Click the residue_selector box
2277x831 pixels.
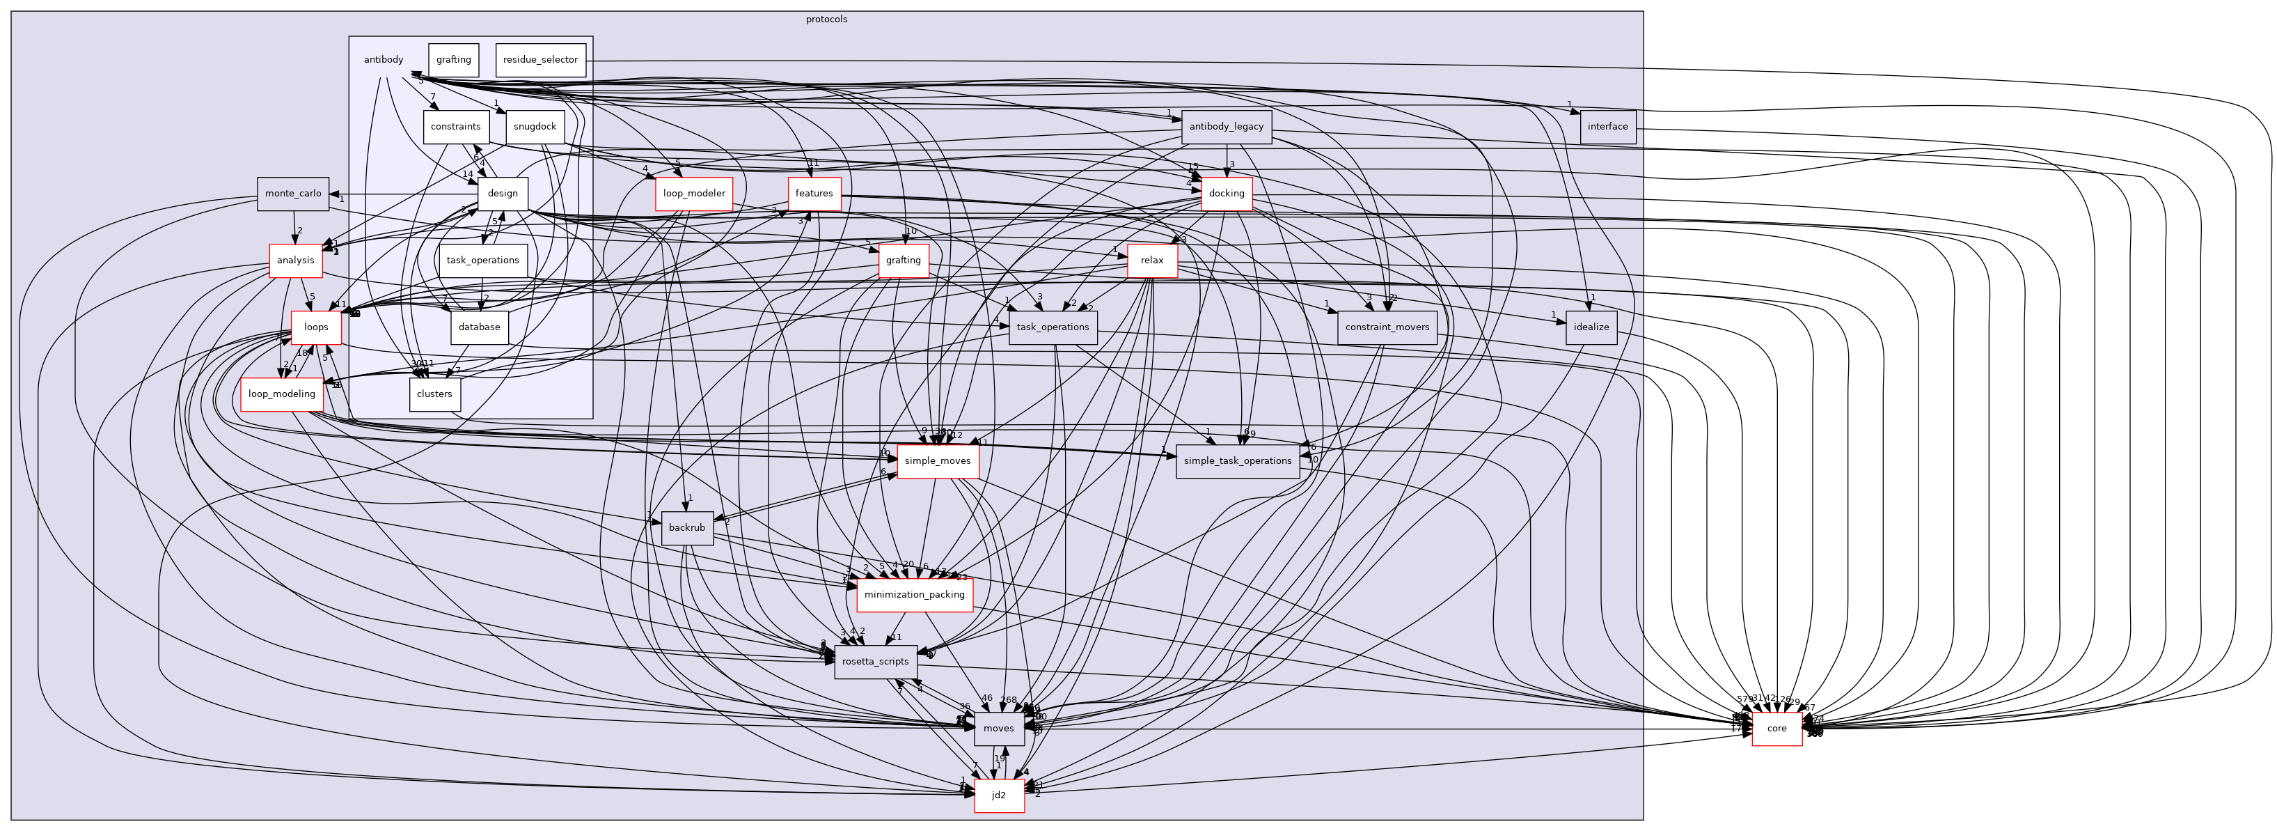click(540, 60)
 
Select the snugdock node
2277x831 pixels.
click(535, 126)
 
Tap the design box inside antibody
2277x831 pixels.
click(502, 194)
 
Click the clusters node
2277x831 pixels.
click(434, 394)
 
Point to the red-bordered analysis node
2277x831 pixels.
click(295, 260)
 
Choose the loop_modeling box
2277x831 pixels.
click(282, 394)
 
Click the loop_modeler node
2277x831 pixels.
click(694, 194)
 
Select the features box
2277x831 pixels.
click(813, 194)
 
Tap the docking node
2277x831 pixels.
click(1226, 194)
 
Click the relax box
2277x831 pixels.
click(1152, 260)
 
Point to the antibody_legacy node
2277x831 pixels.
click(1226, 126)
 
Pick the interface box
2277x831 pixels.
click(1607, 126)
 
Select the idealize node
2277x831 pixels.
click(1591, 327)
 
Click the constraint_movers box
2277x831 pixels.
click(1387, 327)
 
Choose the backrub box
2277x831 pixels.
click(687, 528)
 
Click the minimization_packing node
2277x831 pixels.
click(914, 594)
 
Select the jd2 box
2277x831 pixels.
click(999, 795)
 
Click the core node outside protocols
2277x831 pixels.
click(1776, 729)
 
